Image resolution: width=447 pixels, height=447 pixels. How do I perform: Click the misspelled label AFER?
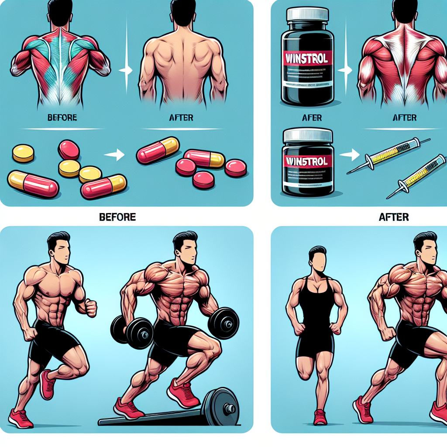(312, 118)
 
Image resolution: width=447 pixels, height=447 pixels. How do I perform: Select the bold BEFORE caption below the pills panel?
(118, 216)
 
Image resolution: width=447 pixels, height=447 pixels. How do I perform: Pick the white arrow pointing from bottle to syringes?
(347, 154)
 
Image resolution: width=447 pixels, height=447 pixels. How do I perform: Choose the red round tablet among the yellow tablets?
(69, 150)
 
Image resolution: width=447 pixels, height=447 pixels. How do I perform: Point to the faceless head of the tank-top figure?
(318, 258)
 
